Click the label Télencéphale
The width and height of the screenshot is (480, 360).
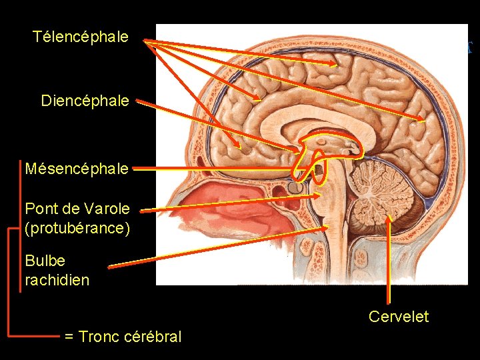tap(80, 37)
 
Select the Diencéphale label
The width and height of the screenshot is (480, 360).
tap(85, 101)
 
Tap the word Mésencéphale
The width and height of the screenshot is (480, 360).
tap(77, 169)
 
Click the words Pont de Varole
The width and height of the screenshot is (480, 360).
tap(77, 208)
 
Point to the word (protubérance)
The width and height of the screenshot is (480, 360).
tap(77, 228)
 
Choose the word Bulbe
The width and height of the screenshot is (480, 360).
tap(45, 260)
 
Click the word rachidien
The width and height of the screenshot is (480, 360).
tap(57, 280)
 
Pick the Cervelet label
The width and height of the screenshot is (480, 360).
tap(399, 317)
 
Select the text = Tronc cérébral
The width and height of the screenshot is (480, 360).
tap(123, 337)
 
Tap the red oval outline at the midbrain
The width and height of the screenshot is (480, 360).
tap(319, 166)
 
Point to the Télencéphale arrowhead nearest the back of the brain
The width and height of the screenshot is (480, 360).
tap(424, 121)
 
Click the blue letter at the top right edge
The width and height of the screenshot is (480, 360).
tap(470, 47)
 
